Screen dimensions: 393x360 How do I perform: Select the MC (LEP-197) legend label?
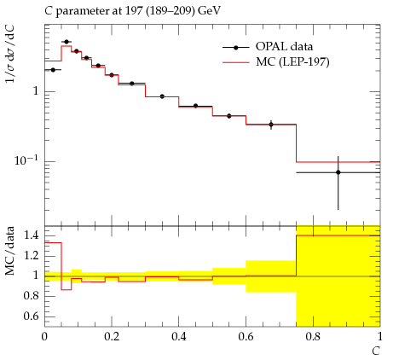coord(292,61)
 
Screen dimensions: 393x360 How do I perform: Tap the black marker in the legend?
coord(235,48)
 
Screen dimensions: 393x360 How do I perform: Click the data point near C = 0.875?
coord(338,172)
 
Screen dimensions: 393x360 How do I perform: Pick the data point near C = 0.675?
coord(271,125)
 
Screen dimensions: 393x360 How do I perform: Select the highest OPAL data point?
coord(66,42)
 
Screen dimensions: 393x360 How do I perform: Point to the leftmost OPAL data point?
coord(53,70)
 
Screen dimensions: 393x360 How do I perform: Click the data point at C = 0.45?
coord(195,106)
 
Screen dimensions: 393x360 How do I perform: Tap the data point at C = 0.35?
coord(162,96)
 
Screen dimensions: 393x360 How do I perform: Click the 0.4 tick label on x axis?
coord(179,337)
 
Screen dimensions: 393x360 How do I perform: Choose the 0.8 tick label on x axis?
coord(313,337)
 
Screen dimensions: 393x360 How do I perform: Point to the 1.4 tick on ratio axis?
coord(32,235)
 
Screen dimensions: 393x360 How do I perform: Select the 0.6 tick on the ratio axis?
coord(32,316)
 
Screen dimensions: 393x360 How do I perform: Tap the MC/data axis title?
coord(9,251)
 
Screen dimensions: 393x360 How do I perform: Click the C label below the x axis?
coord(376,351)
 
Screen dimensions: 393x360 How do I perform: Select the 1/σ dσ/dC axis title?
coord(10,54)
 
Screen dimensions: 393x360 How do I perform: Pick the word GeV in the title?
coord(210,10)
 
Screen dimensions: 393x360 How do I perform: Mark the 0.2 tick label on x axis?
coord(112,337)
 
